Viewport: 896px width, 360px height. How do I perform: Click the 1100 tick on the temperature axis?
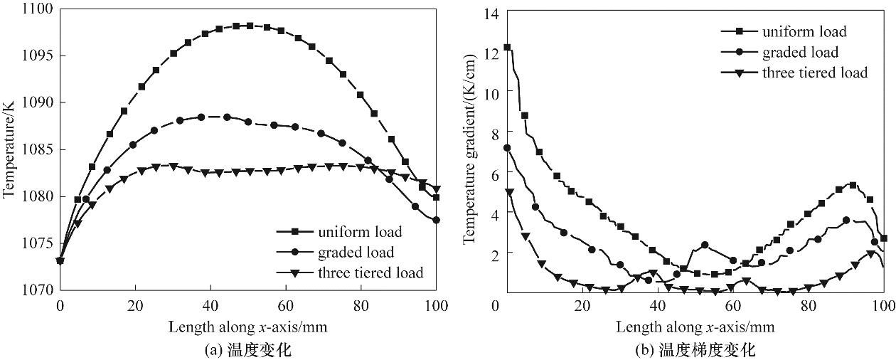38,9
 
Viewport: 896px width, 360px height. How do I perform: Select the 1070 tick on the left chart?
38,290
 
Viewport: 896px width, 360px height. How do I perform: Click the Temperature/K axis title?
9,149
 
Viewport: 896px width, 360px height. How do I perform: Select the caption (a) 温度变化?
248,349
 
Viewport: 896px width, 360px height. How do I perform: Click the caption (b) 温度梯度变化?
695,349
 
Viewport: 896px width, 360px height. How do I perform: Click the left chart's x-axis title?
247,327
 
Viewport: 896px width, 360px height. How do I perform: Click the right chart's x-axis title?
695,327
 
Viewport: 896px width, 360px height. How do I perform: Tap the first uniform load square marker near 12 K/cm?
507,48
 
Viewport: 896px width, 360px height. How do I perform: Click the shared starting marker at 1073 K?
60,260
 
